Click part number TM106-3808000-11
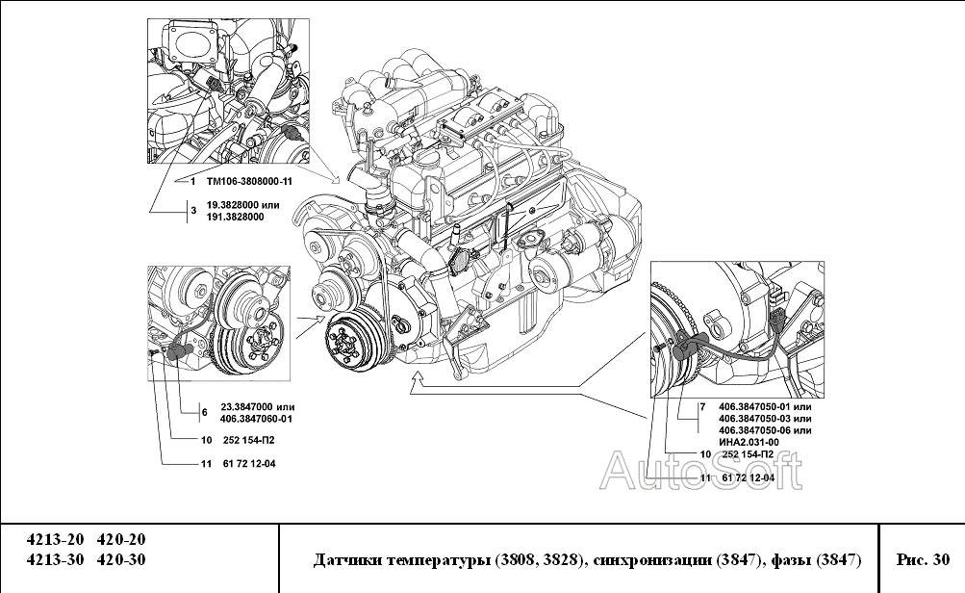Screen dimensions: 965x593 (249, 182)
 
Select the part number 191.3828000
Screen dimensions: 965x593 (235, 217)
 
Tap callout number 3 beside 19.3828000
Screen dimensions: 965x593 (193, 211)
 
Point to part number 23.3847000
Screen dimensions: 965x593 (247, 407)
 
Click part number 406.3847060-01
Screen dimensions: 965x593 (256, 419)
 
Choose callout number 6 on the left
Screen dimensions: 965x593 (204, 413)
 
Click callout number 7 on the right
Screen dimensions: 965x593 (702, 407)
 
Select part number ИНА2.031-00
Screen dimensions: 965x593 (749, 442)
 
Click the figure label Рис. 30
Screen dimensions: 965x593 (923, 559)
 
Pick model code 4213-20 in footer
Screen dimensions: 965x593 (55, 539)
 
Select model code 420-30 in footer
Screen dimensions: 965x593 (122, 559)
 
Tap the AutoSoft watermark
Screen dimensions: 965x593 (701, 471)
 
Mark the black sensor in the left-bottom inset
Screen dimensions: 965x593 (179, 351)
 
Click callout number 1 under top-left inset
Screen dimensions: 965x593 (192, 182)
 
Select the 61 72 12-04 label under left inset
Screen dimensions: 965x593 (248, 464)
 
